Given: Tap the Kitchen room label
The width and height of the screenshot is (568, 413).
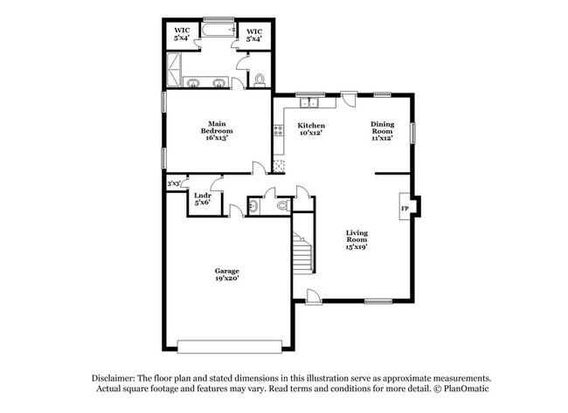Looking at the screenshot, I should click(x=312, y=126).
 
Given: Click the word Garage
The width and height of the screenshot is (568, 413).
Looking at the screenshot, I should click(x=227, y=271).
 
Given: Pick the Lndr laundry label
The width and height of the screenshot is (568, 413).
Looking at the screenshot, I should click(x=202, y=196).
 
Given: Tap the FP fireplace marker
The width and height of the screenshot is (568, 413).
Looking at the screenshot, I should click(x=405, y=210).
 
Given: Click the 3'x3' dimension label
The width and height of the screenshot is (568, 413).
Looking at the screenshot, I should click(x=175, y=184).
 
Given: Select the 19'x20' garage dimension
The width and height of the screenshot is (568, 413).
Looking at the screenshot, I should click(x=227, y=279).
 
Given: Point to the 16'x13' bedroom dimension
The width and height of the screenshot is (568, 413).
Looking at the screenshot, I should click(x=218, y=138).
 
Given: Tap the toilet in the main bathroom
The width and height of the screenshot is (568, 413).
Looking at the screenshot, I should click(x=260, y=81).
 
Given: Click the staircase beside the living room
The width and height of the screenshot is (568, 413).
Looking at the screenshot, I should click(x=301, y=253).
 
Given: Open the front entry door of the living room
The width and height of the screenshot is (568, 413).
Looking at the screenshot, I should click(x=315, y=297).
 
